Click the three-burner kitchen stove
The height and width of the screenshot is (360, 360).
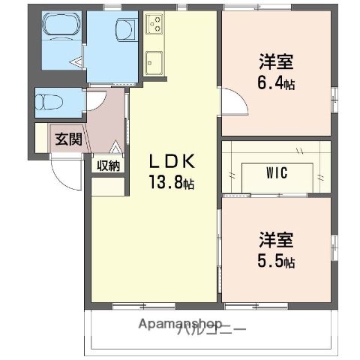coord(154,24)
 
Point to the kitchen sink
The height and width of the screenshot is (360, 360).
coord(155,61)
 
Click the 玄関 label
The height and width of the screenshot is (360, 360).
coord(63,138)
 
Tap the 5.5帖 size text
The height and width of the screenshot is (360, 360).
coord(277,262)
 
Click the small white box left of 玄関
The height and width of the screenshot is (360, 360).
coord(42,138)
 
